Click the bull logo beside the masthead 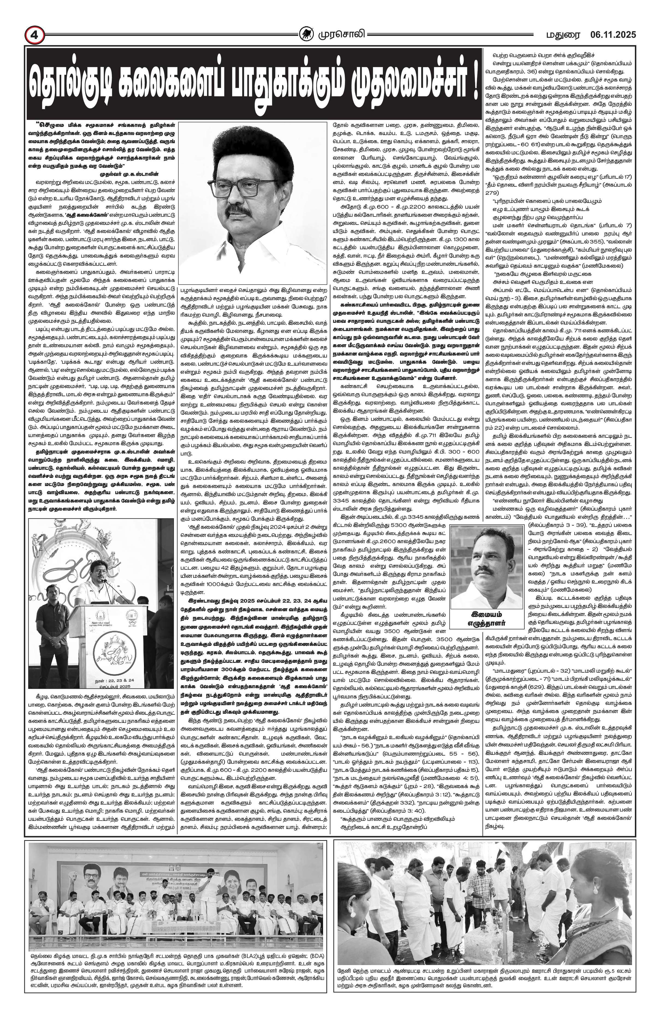(305, 34)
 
